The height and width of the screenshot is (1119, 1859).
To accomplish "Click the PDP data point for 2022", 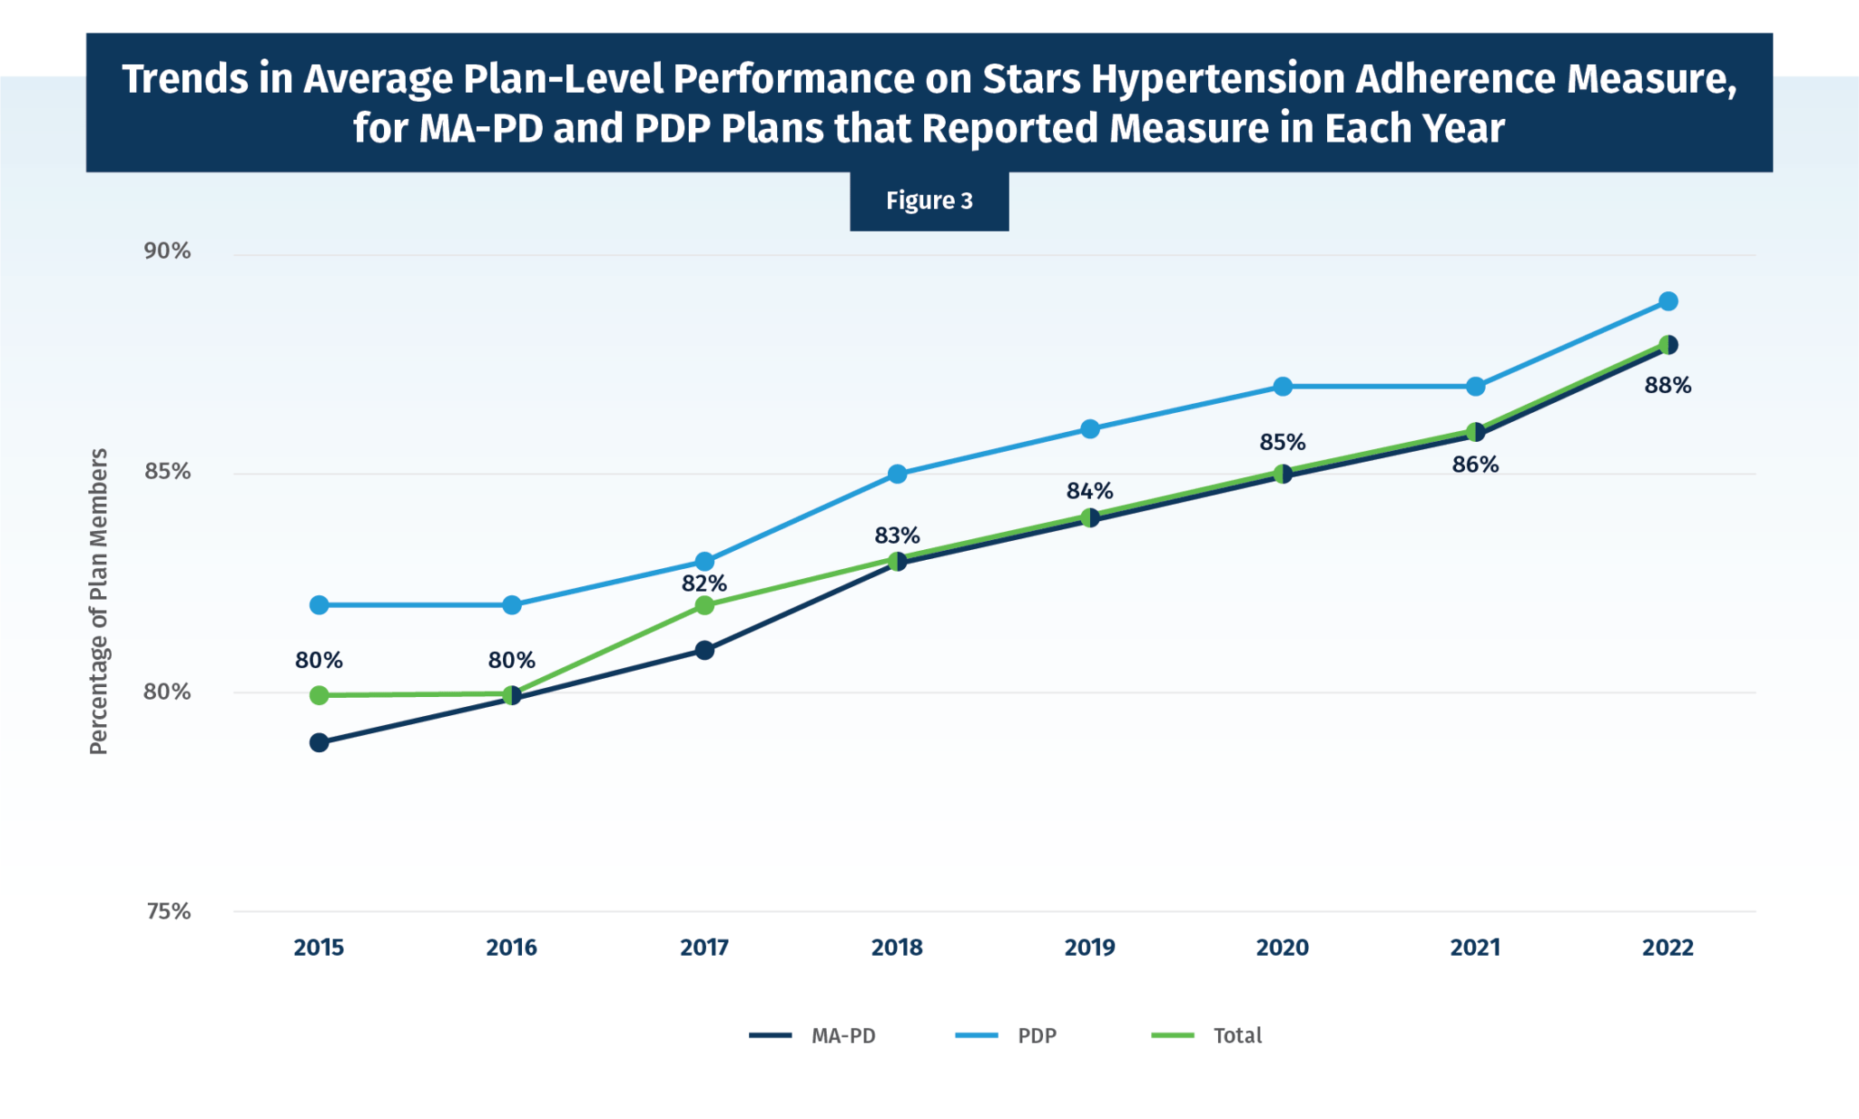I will [x=1667, y=301].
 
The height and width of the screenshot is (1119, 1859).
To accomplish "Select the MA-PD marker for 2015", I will [x=319, y=742].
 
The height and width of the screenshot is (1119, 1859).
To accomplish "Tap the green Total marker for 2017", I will [x=704, y=605].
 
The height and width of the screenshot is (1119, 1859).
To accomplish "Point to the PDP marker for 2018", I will [x=897, y=474].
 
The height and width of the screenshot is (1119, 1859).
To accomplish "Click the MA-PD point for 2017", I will [x=704, y=650].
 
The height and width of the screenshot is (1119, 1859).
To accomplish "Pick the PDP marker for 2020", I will [x=1282, y=387].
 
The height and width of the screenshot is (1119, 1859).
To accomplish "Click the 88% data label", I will [x=1667, y=386].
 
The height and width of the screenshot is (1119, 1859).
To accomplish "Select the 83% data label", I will [x=897, y=535].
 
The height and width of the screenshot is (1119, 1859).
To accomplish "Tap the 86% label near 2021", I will [x=1475, y=465].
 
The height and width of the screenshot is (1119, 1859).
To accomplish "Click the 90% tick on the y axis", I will [x=167, y=251].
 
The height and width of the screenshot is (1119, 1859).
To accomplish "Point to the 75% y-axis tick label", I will [x=168, y=911].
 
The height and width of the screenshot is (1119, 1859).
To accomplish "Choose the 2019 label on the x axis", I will [x=1089, y=947].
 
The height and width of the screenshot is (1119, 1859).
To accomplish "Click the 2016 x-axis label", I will [x=511, y=947].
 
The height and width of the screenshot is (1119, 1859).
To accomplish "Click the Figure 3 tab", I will [x=929, y=201].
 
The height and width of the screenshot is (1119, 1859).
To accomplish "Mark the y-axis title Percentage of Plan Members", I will [x=98, y=601].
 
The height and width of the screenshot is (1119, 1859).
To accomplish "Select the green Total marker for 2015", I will [x=319, y=695].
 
